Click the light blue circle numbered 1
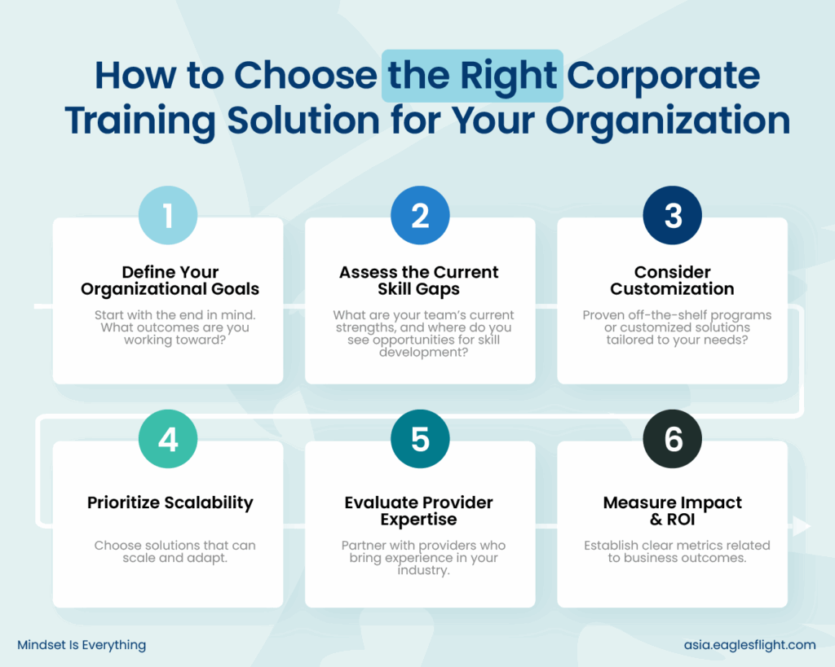(168, 216)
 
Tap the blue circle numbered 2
(420, 216)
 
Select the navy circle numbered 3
(672, 216)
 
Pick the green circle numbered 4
(168, 439)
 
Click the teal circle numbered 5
(420, 439)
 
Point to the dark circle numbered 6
(672, 439)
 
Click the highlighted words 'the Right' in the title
(472, 76)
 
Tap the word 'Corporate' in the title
(663, 76)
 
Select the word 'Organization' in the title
(668, 121)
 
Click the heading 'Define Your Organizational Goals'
(170, 280)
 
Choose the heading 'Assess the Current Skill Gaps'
(418, 280)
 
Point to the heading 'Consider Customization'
(672, 280)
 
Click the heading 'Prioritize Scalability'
(170, 502)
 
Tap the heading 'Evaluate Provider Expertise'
(418, 511)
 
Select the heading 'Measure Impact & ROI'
(672, 511)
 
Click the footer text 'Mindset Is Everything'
(82, 645)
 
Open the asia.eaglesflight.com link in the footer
(750, 645)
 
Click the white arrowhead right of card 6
(802, 525)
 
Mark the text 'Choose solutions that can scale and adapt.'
(175, 551)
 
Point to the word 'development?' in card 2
(423, 352)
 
